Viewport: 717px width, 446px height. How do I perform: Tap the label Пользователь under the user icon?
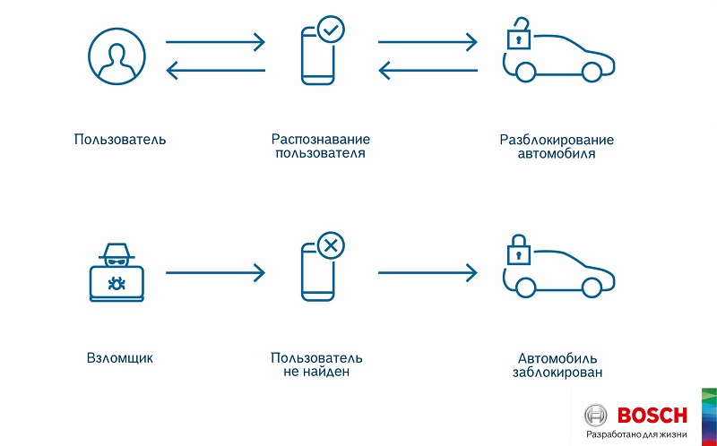pyautogui.click(x=120, y=140)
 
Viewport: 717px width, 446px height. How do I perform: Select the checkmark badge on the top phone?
pyautogui.click(x=331, y=30)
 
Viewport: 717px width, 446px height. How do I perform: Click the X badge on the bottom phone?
pyautogui.click(x=331, y=244)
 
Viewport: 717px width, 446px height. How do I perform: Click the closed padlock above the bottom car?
pyautogui.click(x=517, y=251)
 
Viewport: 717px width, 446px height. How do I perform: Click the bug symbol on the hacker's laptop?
pyautogui.click(x=116, y=284)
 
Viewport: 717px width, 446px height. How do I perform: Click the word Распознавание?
pyautogui.click(x=320, y=140)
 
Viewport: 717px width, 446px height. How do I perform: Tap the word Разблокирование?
pyautogui.click(x=557, y=140)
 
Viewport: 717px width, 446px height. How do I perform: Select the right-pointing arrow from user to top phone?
pyautogui.click(x=215, y=41)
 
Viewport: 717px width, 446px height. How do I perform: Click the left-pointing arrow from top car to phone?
pyautogui.click(x=427, y=70)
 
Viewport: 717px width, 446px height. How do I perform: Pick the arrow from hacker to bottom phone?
pyautogui.click(x=215, y=271)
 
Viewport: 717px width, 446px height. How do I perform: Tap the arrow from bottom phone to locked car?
pyautogui.click(x=427, y=271)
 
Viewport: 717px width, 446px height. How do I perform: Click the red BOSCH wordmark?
pyautogui.click(x=652, y=415)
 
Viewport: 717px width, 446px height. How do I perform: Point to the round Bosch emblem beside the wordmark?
pyautogui.click(x=596, y=416)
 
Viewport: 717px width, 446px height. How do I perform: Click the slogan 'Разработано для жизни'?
pyautogui.click(x=636, y=434)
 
